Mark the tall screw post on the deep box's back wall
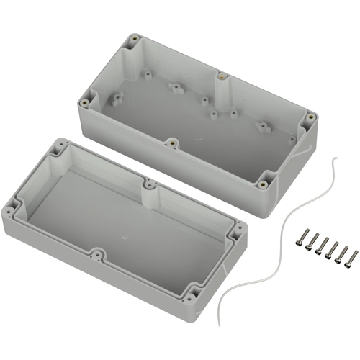[x=221, y=75]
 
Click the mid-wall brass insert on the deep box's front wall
[x=171, y=143]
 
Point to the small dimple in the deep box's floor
[x=199, y=136]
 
